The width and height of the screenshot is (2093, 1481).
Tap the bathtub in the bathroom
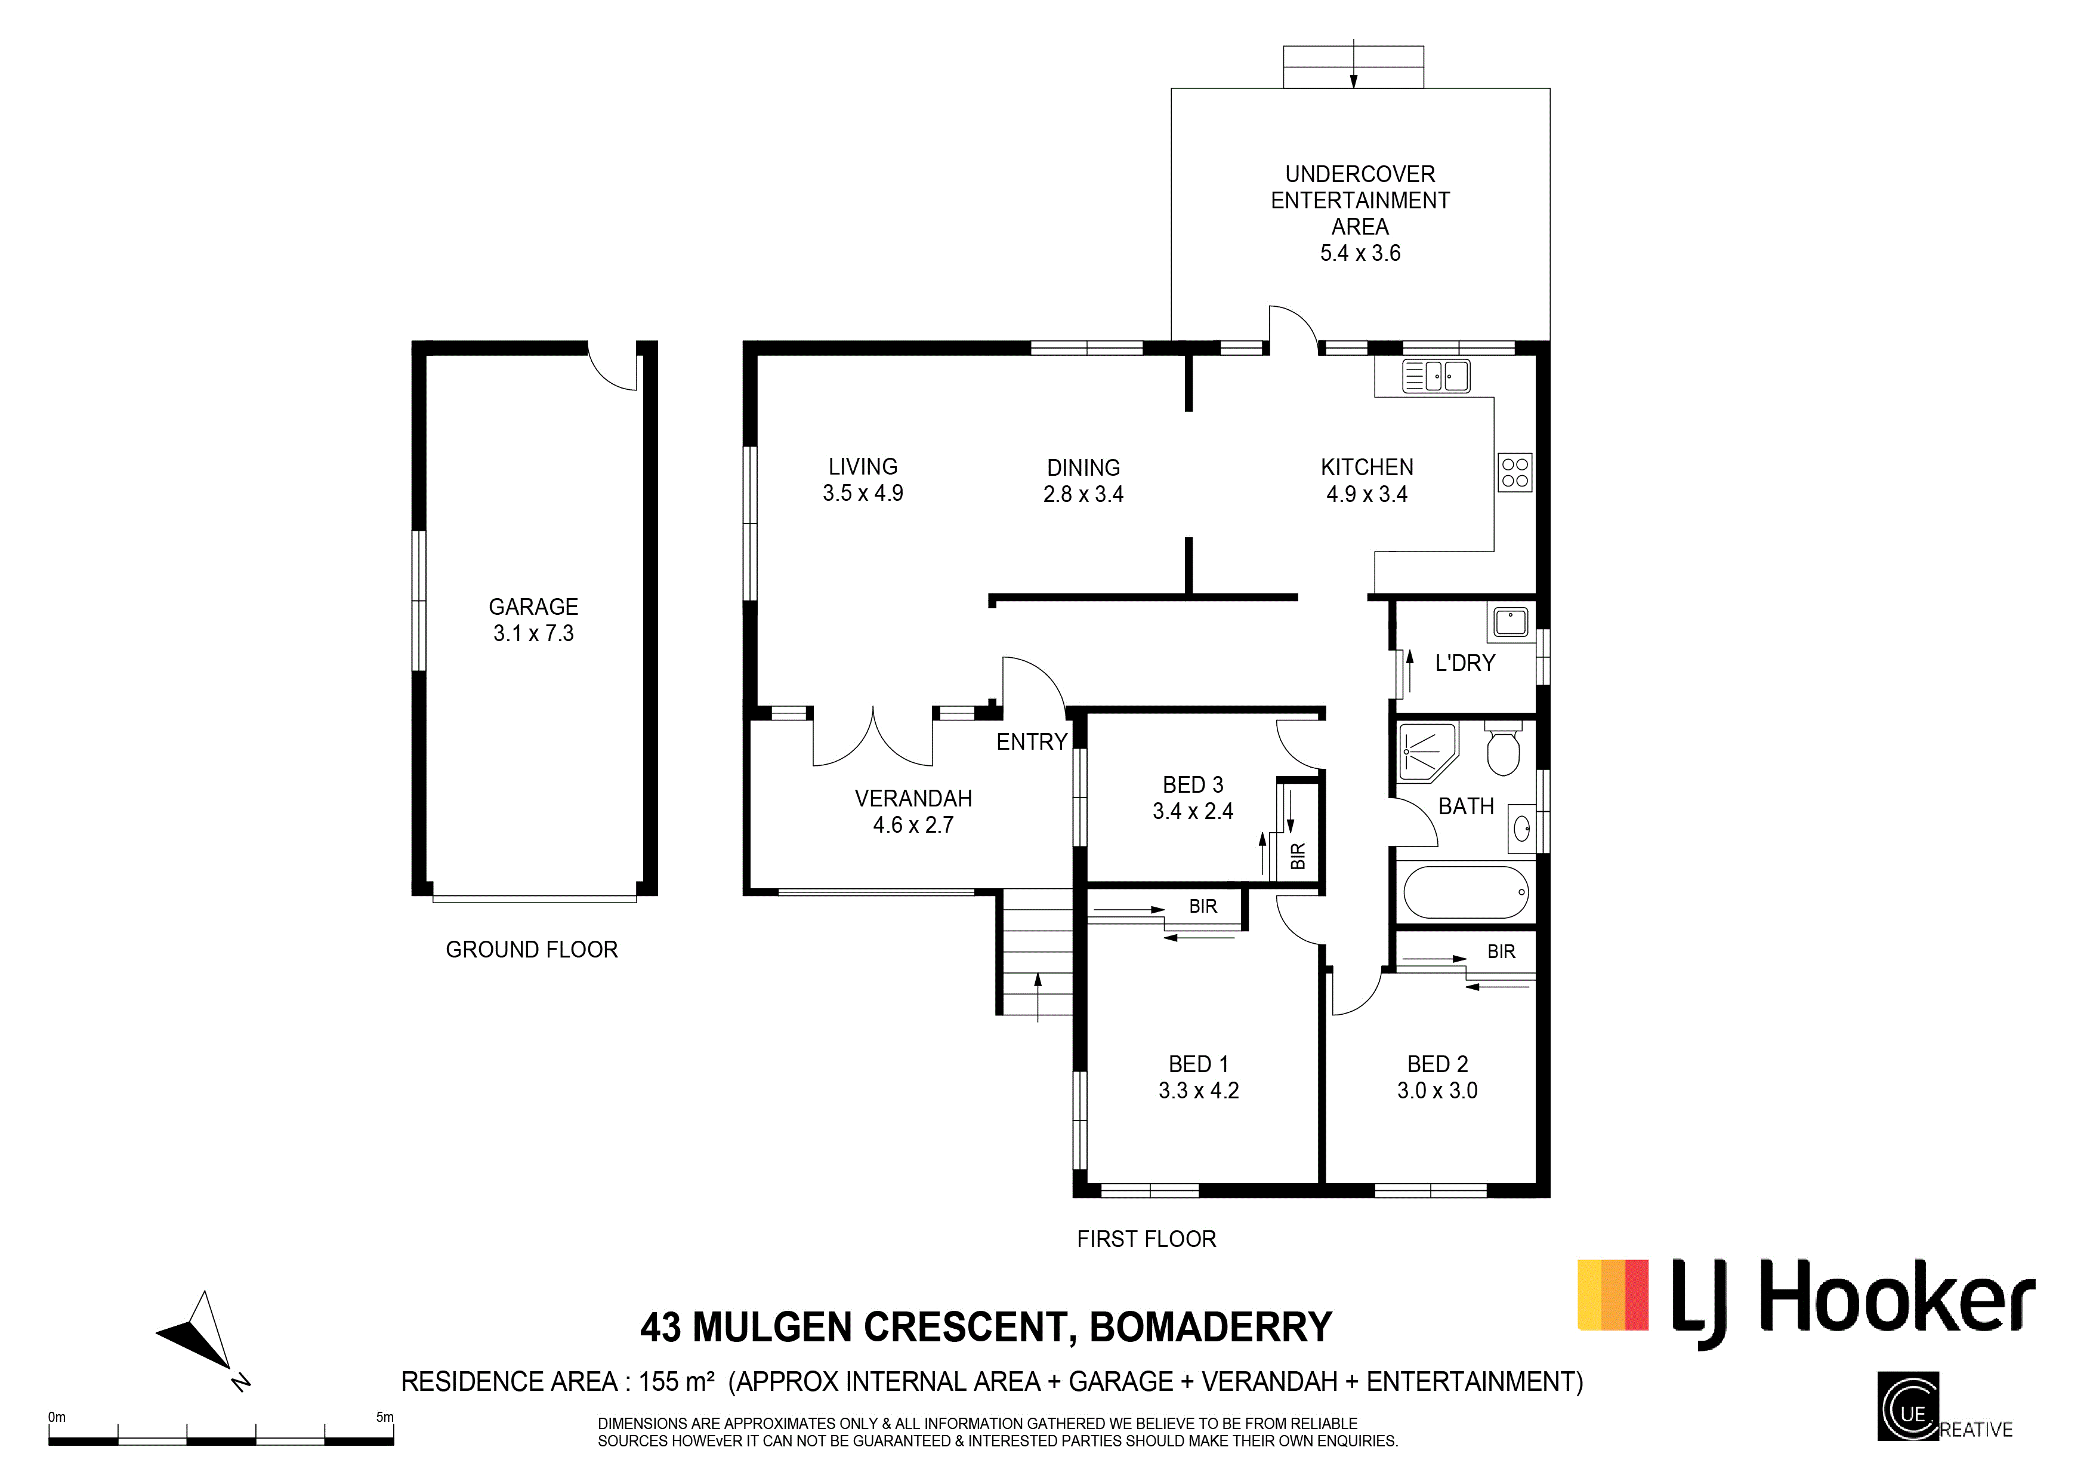pos(1466,892)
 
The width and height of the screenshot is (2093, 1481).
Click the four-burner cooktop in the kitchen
pos(1515,472)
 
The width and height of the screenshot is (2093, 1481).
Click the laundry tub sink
pos(1511,623)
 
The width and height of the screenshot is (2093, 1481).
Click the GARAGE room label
pos(533,607)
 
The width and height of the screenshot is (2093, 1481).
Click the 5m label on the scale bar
pos(385,1417)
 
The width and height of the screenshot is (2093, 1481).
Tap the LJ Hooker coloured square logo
pos(1613,1295)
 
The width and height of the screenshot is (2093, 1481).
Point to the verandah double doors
pos(873,737)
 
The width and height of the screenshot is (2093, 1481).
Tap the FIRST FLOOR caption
pos(1147,1239)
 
